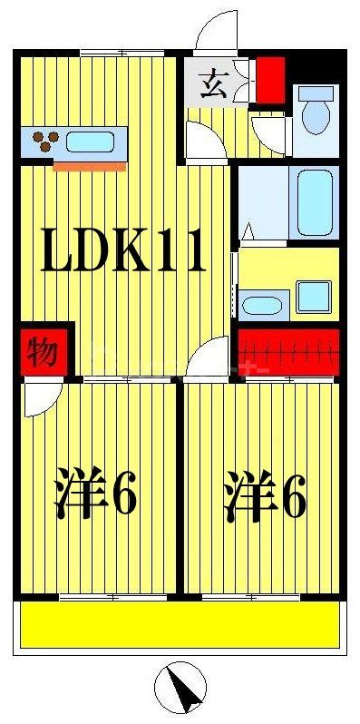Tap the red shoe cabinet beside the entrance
point(270,79)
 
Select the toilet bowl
point(316,117)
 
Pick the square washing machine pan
point(314,296)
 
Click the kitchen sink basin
point(90,142)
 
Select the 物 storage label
point(39,350)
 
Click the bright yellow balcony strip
point(180,626)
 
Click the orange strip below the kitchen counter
point(89,166)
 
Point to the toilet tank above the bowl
point(316,93)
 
